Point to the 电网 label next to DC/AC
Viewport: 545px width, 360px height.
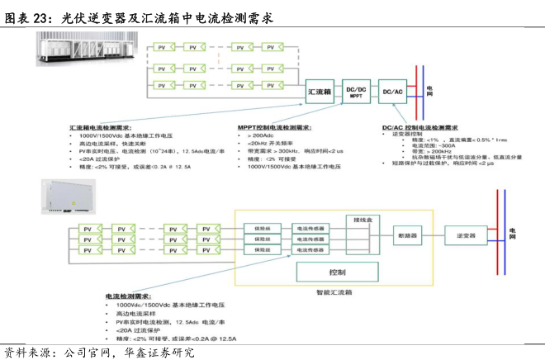click(429, 90)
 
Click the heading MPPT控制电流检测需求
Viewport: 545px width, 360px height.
click(274, 128)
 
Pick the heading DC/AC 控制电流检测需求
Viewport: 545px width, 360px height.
click(419, 128)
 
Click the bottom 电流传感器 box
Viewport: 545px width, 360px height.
click(310, 249)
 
